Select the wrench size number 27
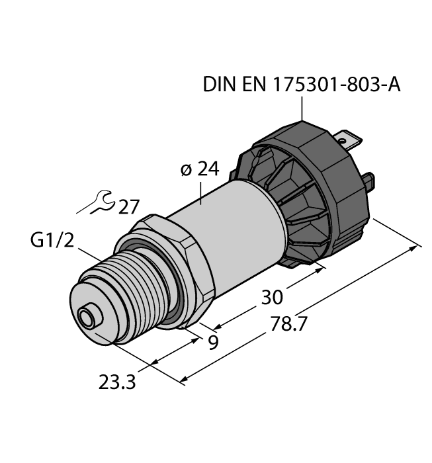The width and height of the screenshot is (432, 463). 128,207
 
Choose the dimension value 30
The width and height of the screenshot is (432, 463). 273,296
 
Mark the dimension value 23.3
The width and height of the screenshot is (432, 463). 117,382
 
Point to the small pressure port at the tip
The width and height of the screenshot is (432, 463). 86,316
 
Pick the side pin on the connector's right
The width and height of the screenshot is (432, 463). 371,180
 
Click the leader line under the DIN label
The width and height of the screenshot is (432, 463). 302,108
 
